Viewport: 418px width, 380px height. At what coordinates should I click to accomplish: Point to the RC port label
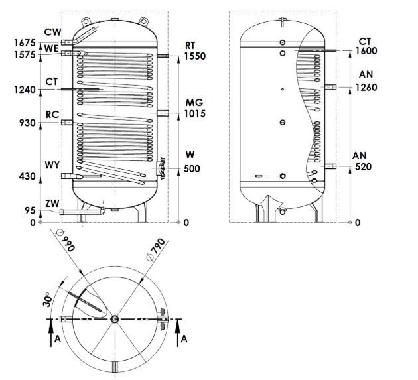click(53, 114)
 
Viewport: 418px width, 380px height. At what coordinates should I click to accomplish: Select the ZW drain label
click(53, 202)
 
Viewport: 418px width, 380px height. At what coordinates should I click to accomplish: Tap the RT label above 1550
click(190, 46)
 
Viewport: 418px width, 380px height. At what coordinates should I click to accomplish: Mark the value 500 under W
click(192, 169)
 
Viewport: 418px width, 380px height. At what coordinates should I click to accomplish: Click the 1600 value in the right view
click(366, 51)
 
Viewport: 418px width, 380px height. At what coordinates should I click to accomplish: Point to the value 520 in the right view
click(363, 166)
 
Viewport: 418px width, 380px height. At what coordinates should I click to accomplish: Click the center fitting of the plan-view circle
click(116, 320)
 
